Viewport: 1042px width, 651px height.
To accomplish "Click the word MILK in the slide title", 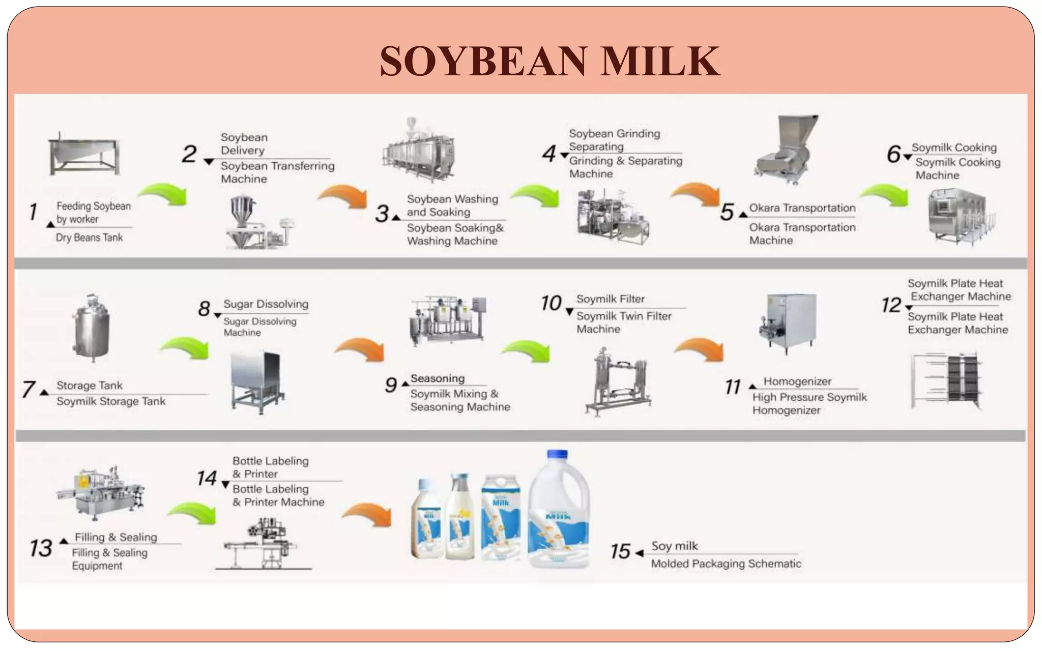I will (660, 61).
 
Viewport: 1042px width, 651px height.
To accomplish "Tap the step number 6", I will (893, 154).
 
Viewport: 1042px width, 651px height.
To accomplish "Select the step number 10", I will (551, 303).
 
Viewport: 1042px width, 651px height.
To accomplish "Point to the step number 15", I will (620, 551).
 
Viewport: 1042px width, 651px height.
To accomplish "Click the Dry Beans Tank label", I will (89, 238).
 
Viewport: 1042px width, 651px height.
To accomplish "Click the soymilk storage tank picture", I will (92, 328).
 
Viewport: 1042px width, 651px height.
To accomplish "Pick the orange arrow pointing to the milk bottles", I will (367, 515).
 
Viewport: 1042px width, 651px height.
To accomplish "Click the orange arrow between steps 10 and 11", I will (700, 349).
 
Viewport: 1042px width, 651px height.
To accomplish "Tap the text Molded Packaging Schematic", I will (726, 564).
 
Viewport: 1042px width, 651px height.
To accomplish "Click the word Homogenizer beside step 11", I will (797, 381).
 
